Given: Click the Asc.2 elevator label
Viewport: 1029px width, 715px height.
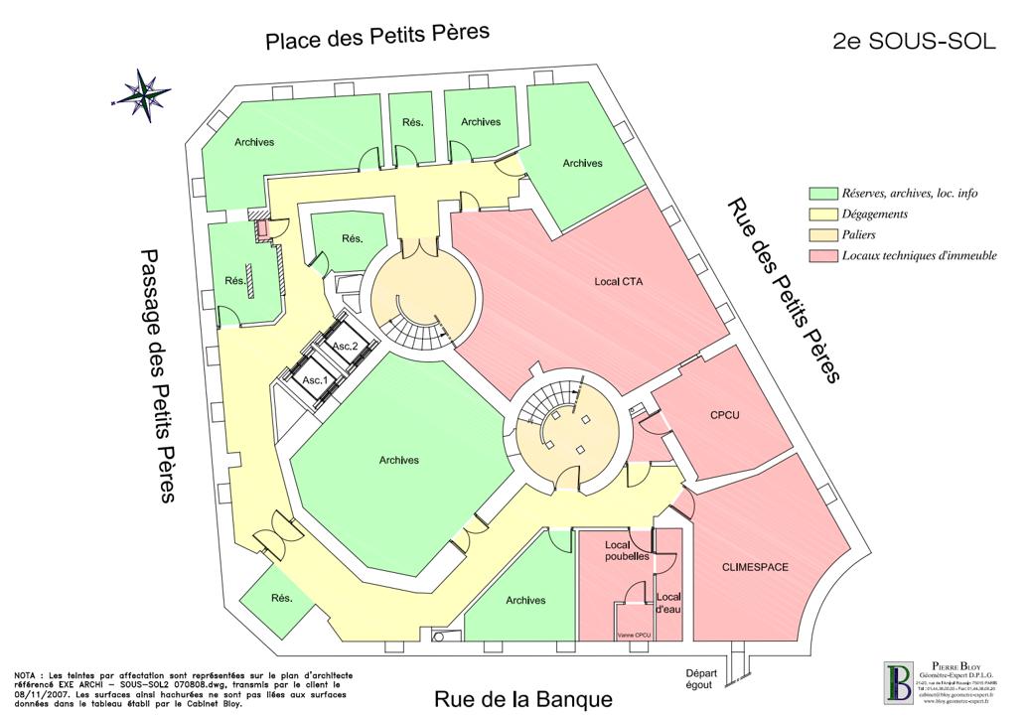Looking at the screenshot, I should pos(345,346).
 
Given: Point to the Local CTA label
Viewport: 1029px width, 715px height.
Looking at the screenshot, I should pos(619,282).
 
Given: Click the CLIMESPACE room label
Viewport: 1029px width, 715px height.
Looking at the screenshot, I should pos(755,567).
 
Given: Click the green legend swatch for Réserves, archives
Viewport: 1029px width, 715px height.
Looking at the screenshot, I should pos(822,194).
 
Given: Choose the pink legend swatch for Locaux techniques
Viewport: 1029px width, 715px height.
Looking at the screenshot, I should pos(822,255).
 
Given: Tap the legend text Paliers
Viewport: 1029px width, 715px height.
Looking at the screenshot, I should pos(863,234).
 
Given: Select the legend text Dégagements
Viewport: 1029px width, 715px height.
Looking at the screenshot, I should pos(875,214).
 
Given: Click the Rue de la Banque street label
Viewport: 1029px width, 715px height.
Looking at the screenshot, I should pos(522,699).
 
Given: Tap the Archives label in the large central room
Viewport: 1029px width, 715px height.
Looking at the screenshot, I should pos(399,460).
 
